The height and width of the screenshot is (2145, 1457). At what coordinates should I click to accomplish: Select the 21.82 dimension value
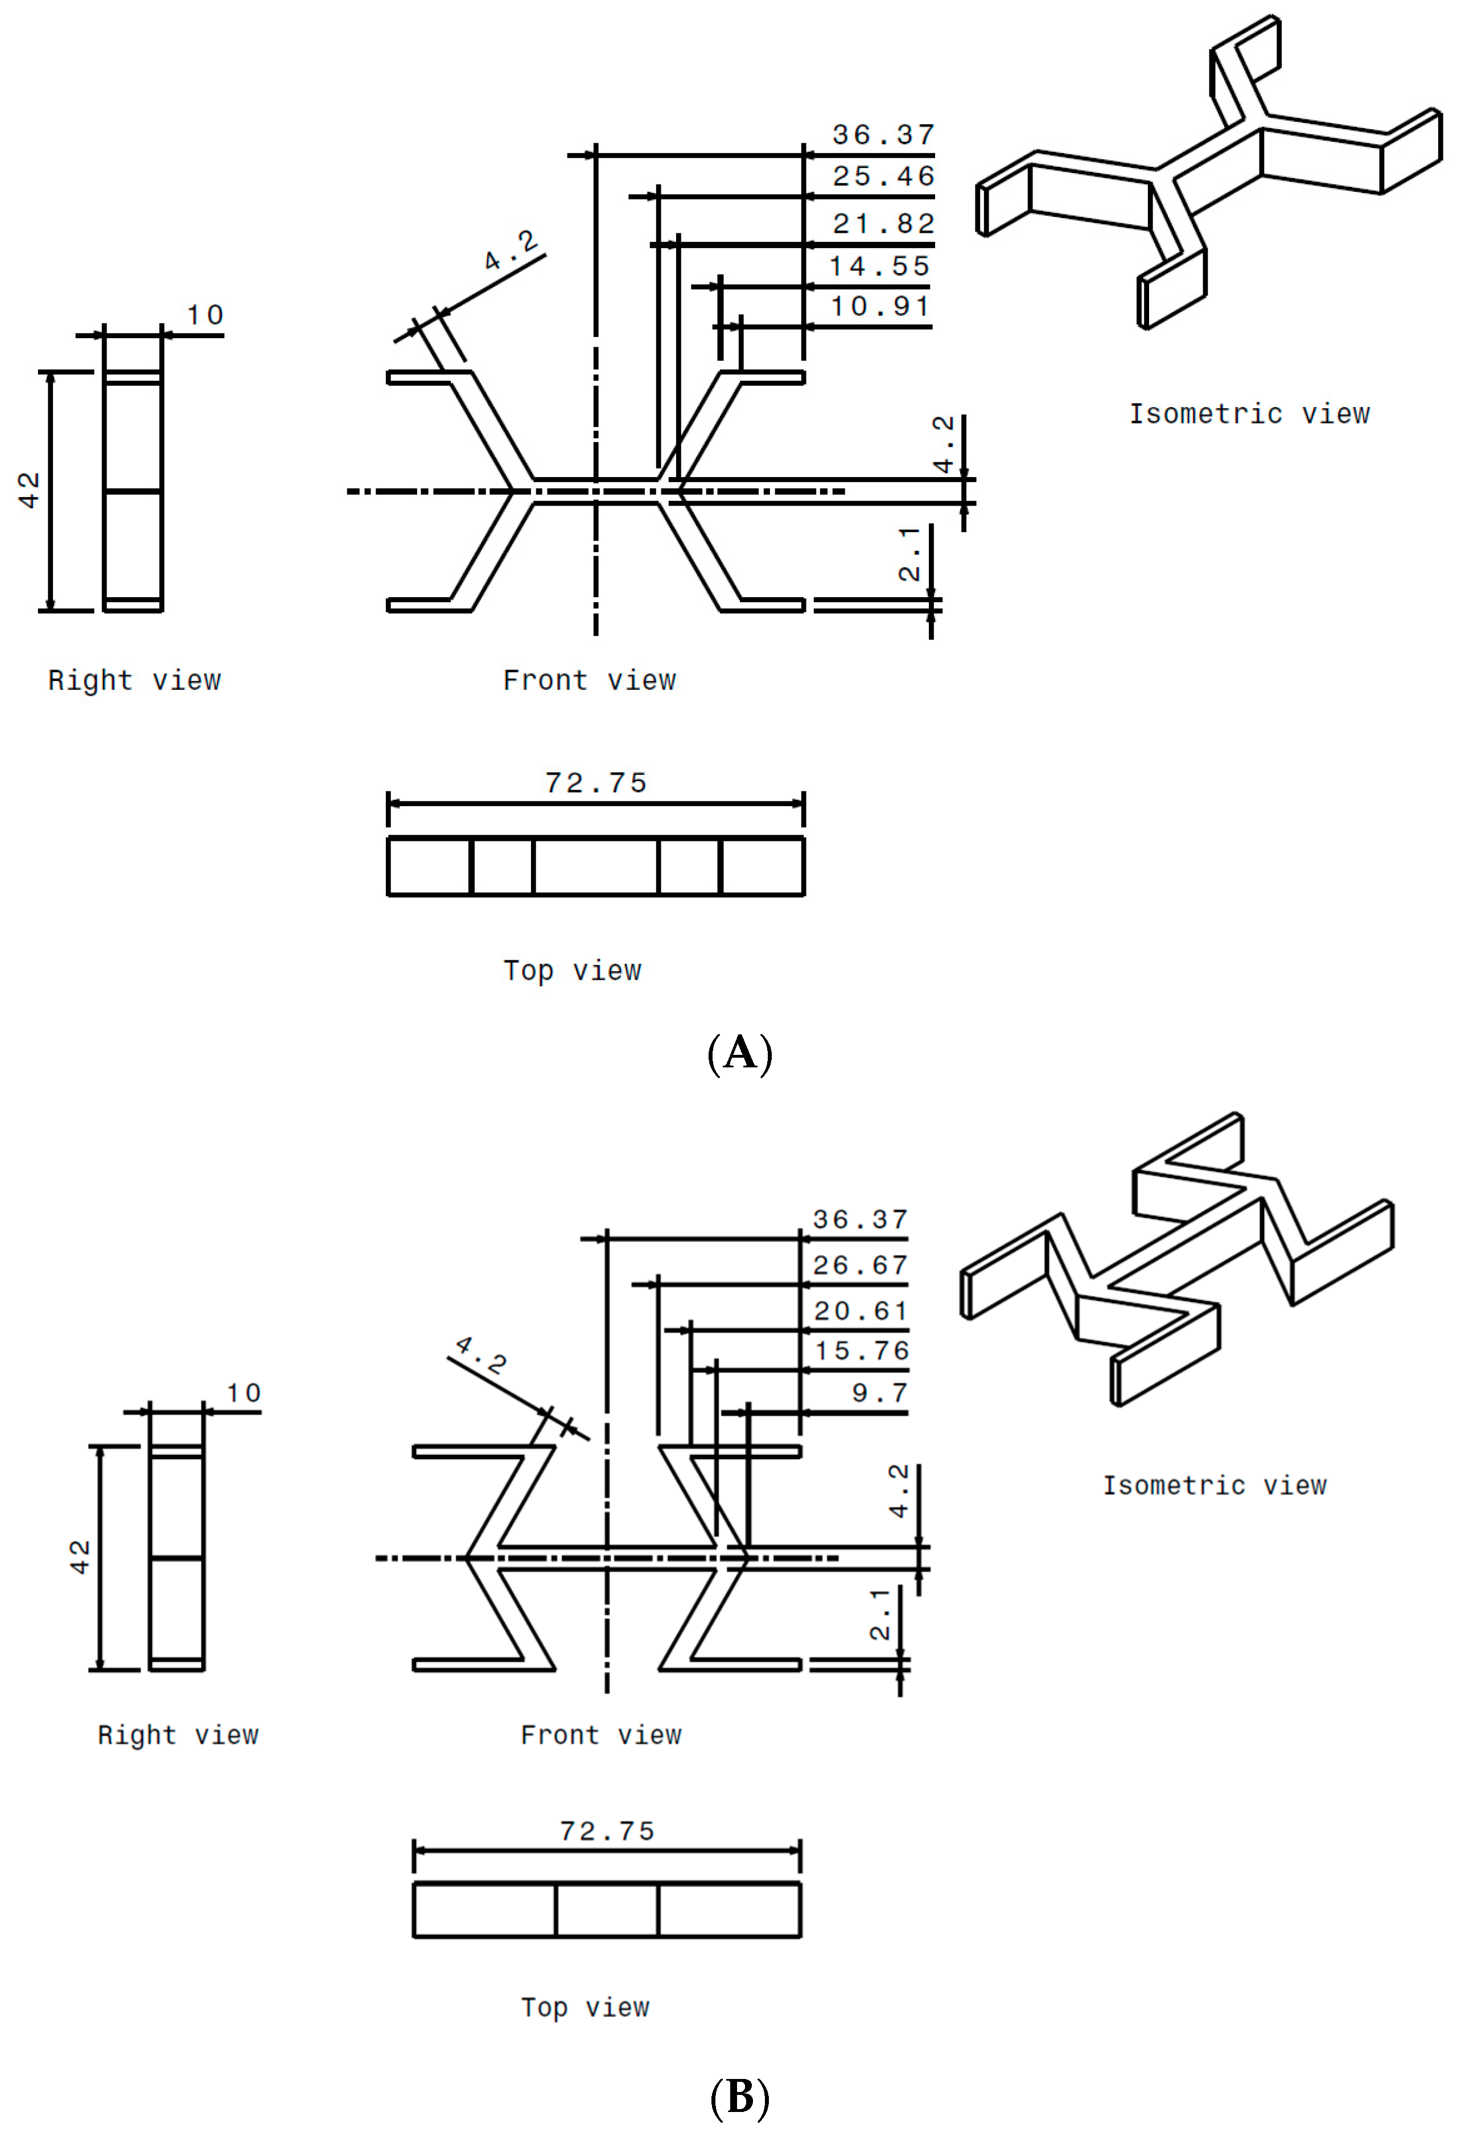(883, 223)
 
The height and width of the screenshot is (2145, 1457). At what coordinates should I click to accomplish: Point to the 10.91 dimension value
(879, 306)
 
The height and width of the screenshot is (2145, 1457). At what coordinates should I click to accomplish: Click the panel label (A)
(739, 1053)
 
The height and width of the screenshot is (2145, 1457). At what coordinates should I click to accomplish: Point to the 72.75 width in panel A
(596, 783)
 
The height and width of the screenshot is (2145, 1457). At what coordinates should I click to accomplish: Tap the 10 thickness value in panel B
(244, 1393)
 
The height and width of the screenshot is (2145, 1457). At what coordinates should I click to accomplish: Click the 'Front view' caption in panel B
(600, 1735)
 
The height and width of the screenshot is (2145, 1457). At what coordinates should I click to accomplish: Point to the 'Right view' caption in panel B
(178, 1735)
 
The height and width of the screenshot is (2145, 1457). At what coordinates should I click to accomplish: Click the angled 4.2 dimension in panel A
(511, 250)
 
